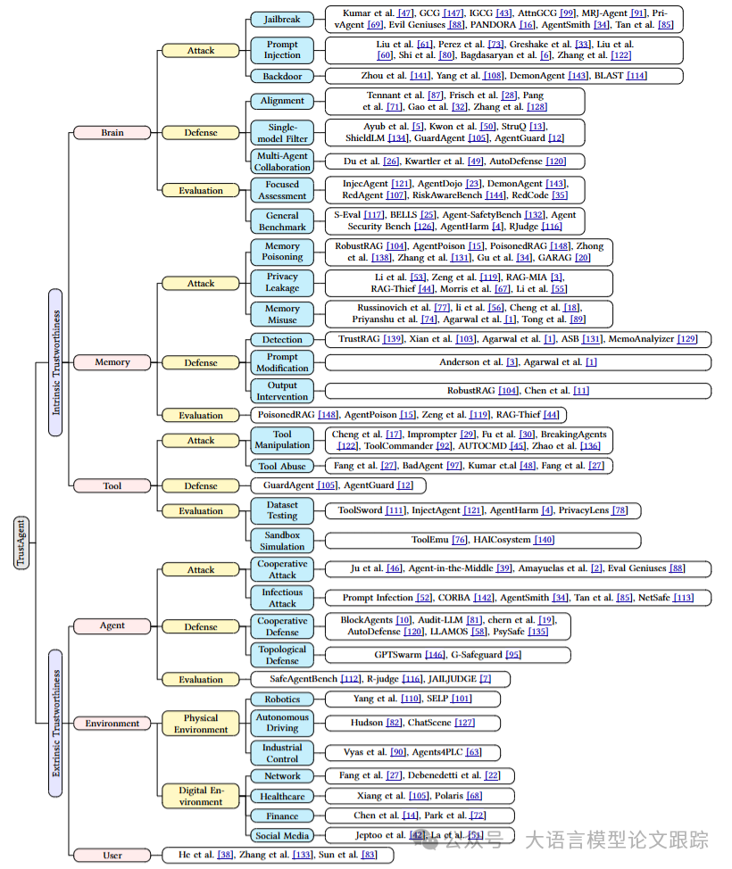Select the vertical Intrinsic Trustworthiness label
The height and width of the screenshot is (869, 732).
[x=55, y=362]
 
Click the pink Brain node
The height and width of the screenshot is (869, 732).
[x=112, y=133]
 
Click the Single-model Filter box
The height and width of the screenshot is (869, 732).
[x=281, y=133]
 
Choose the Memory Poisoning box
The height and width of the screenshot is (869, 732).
[x=281, y=251]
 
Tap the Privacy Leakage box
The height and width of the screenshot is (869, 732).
[x=281, y=283]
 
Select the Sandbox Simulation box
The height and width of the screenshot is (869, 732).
[x=281, y=540]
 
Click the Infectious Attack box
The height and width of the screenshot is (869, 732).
[x=281, y=597]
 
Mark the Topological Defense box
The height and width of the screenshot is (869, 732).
[x=281, y=655]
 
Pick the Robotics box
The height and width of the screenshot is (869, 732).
[x=281, y=699]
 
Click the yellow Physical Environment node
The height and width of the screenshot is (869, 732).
[x=200, y=724]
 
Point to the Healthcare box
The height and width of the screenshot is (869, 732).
[x=281, y=796]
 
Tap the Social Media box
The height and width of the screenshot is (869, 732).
[x=281, y=835]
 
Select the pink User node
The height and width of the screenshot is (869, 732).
[x=112, y=855]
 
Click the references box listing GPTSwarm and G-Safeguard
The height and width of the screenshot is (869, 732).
[x=447, y=655]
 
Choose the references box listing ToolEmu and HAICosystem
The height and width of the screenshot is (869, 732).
[x=483, y=540]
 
